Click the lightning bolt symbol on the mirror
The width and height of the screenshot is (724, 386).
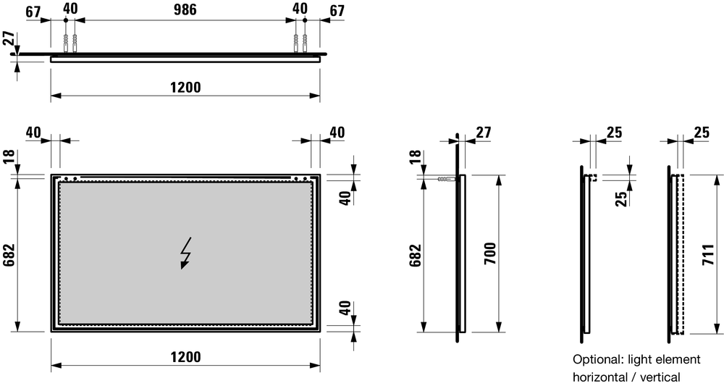pos(186,253)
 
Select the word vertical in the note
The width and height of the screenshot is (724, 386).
pos(661,377)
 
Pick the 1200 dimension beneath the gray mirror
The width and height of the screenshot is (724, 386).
pos(185,357)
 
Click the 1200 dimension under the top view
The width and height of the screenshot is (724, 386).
pos(185,87)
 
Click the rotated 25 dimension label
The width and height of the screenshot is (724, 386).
pos(620,197)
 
